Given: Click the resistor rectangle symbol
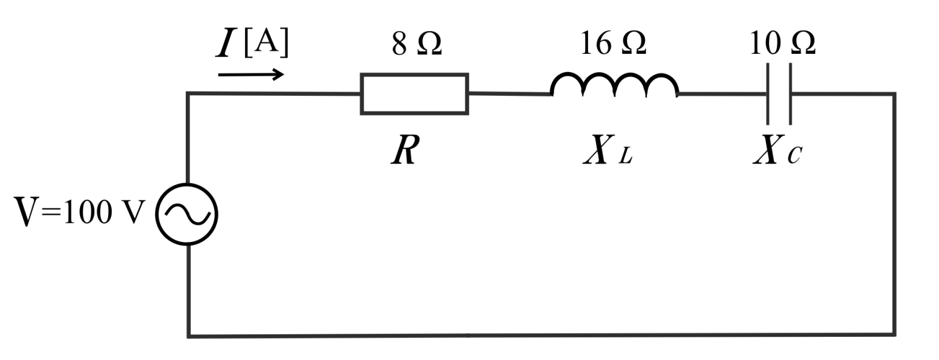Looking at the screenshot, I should pyautogui.click(x=414, y=94).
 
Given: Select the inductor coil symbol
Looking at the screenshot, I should pyautogui.click(x=614, y=86).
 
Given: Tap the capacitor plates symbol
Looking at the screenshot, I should pyautogui.click(x=779, y=94).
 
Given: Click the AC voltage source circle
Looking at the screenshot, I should pyautogui.click(x=187, y=215).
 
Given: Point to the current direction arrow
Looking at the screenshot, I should pyautogui.click(x=251, y=75).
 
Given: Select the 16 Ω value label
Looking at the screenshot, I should pyautogui.click(x=613, y=45).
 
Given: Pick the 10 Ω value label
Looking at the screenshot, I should pyautogui.click(x=782, y=45).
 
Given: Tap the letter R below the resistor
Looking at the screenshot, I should pyautogui.click(x=404, y=151).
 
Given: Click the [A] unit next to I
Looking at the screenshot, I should pyautogui.click(x=265, y=45).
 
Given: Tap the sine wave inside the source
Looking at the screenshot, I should pyautogui.click(x=187, y=215).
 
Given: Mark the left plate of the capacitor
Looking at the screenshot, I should pyautogui.click(x=768, y=94).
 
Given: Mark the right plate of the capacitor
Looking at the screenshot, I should pyautogui.click(x=790, y=94).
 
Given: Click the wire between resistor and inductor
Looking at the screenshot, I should pyautogui.click(x=509, y=94).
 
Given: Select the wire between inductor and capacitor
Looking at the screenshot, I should pyautogui.click(x=722, y=95).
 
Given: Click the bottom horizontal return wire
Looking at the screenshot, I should pyautogui.click(x=541, y=335).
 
